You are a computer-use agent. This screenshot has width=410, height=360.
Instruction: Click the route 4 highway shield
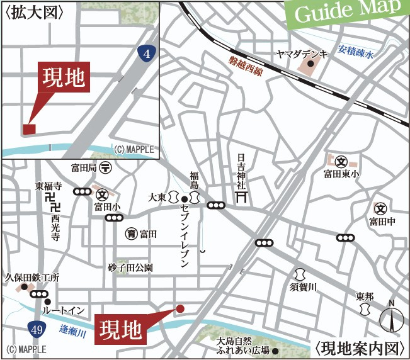146,55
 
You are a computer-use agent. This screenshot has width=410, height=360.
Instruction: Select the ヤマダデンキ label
302,55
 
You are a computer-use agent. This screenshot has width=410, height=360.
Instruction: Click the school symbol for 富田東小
341,161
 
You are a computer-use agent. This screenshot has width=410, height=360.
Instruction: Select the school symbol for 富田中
380,208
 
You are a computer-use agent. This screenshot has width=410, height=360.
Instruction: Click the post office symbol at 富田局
106,168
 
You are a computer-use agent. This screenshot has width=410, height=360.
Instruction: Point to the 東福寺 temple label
48,186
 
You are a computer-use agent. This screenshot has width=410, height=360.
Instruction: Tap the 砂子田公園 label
130,267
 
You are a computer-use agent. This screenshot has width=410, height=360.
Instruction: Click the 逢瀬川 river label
74,334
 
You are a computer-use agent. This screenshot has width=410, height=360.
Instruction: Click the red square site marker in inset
29,129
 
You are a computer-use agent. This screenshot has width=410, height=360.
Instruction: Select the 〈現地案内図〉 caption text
358,347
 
